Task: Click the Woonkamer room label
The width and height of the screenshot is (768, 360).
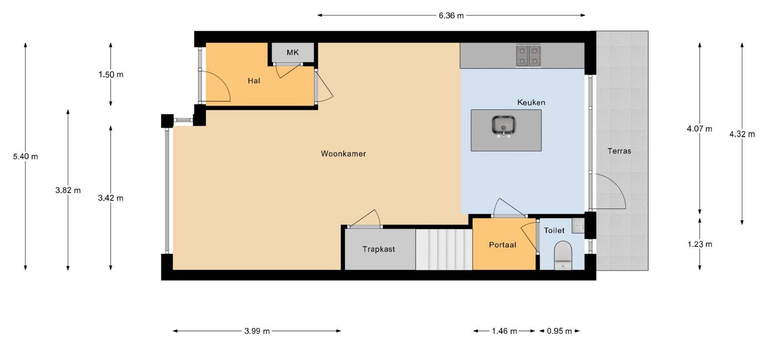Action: [x=343, y=154]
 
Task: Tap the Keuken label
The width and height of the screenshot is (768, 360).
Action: [x=531, y=102]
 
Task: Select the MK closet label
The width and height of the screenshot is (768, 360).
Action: [x=293, y=52]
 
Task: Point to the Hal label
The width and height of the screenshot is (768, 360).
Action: [x=254, y=81]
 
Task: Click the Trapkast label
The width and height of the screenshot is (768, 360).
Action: [x=378, y=249]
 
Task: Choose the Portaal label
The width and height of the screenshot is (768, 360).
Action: [x=502, y=245]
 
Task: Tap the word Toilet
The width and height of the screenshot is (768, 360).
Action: [x=554, y=230]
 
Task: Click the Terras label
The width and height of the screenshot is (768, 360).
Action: [x=619, y=151]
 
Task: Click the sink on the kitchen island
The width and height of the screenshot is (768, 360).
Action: [x=504, y=126]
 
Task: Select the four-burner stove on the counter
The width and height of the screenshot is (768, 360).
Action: [x=528, y=56]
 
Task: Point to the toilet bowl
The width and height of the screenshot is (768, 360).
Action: [x=563, y=256]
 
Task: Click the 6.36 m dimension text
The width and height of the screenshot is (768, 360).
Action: [x=451, y=16]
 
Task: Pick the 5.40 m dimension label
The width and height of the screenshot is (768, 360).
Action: [x=26, y=156]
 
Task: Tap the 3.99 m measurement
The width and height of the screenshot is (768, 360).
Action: [x=257, y=331]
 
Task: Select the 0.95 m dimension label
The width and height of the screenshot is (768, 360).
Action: [x=559, y=331]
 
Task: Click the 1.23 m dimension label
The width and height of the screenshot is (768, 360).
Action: [x=700, y=244]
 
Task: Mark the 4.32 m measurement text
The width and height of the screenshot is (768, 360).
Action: [x=742, y=134]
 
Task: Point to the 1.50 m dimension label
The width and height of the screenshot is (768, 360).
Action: [x=111, y=74]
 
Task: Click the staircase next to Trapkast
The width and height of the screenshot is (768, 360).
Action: [x=444, y=249]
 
